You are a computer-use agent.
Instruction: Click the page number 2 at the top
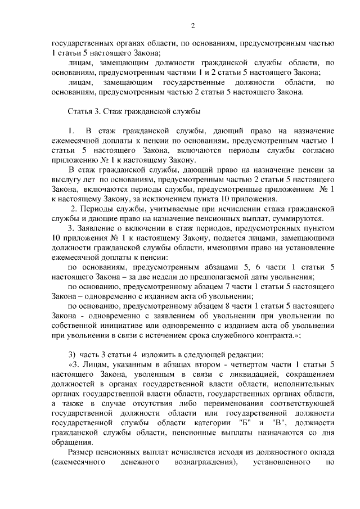pos(192,25)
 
